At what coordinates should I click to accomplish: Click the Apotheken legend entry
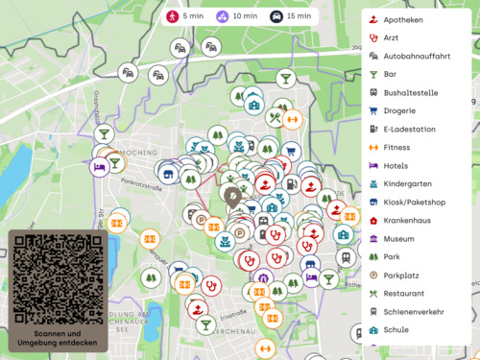click(x=402, y=19)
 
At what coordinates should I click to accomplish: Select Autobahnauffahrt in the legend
click(x=417, y=56)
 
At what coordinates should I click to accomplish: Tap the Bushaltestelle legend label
click(x=411, y=93)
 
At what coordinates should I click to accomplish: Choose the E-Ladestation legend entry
click(x=409, y=130)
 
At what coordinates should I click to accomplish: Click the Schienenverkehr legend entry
click(x=416, y=312)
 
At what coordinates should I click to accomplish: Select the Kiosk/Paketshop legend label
click(x=414, y=203)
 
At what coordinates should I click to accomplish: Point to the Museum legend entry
click(x=398, y=239)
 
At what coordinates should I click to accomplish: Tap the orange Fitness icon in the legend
click(x=373, y=148)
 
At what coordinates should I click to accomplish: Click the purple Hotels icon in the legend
click(x=373, y=166)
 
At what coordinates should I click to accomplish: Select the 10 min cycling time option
click(x=235, y=16)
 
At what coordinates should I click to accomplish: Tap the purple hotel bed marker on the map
click(x=99, y=167)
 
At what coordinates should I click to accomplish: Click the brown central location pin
click(x=233, y=195)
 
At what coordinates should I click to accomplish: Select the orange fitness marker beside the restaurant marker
click(x=293, y=119)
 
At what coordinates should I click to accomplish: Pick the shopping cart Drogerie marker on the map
click(x=288, y=151)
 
